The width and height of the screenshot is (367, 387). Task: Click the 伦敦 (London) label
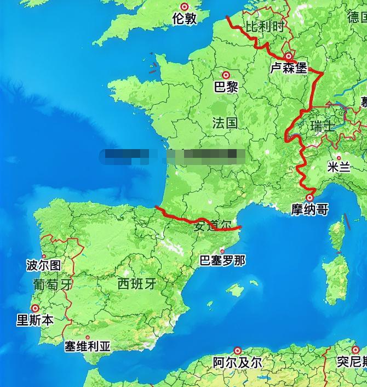[184, 19]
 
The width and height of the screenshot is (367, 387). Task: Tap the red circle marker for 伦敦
[184, 7]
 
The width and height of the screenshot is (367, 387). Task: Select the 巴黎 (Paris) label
[226, 87]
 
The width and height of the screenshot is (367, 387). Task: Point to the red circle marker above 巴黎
[226, 75]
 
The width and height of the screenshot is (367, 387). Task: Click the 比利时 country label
[266, 26]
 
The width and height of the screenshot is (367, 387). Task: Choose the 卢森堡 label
[288, 68]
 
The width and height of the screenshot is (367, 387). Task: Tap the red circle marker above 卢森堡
[289, 56]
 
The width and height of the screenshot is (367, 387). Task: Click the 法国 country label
[225, 123]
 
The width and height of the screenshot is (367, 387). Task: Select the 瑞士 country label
[322, 127]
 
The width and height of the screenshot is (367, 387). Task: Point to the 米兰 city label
[339, 167]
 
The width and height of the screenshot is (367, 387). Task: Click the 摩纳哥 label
[309, 209]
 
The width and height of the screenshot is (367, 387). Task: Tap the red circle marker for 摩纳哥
[310, 197]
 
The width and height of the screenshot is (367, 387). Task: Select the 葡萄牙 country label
[52, 284]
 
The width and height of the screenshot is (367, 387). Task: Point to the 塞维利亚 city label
[88, 346]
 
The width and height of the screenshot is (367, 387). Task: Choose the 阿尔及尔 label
[237, 362]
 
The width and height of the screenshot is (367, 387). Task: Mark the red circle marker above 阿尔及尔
[238, 350]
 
